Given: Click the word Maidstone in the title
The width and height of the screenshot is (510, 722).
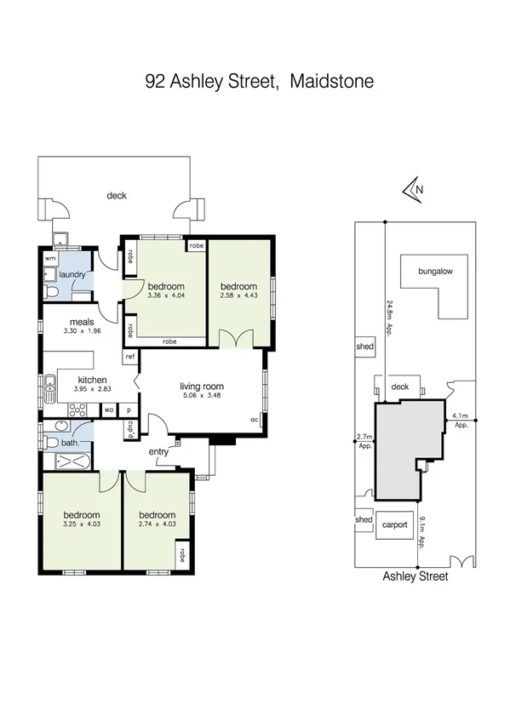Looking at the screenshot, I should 331,82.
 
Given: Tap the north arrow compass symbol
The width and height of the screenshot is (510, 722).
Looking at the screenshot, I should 415,190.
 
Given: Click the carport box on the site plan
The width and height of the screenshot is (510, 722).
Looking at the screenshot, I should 395,524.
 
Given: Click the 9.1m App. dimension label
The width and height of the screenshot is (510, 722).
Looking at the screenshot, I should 423,520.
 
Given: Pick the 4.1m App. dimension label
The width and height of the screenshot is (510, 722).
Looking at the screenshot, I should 461,420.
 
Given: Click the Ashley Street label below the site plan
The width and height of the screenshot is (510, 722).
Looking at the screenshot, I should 415,576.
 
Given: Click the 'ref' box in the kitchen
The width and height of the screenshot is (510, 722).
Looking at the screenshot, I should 129,358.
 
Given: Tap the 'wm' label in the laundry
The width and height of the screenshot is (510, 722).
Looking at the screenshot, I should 49,257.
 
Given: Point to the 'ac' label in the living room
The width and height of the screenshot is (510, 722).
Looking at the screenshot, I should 254,420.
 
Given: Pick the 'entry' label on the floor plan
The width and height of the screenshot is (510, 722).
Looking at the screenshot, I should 158,452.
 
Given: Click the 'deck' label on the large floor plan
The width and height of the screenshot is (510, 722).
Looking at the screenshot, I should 117,196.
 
